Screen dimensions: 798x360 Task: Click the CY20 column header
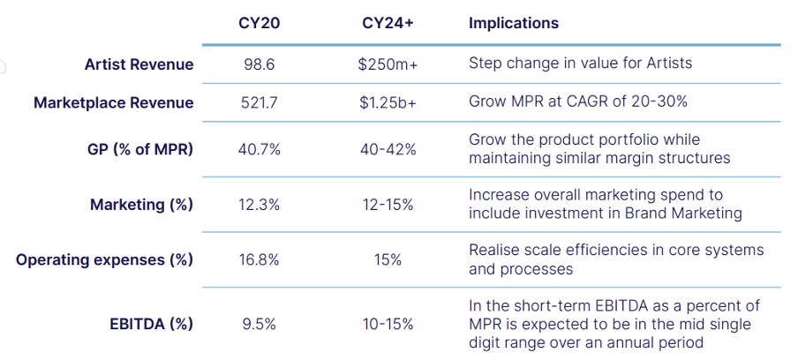pyautogui.click(x=259, y=24)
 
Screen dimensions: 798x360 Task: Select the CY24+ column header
pyautogui.click(x=388, y=24)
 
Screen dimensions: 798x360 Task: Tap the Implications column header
pyautogui.click(x=514, y=24)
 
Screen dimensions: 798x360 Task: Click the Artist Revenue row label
pyautogui.click(x=139, y=64)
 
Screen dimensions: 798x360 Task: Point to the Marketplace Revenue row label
pyautogui.click(x=114, y=102)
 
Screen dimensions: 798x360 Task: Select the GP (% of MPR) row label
pyautogui.click(x=140, y=149)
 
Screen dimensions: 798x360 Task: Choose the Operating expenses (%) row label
pyautogui.click(x=104, y=259)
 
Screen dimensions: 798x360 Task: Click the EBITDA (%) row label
pyautogui.click(x=151, y=324)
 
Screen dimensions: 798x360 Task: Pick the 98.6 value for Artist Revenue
pyautogui.click(x=259, y=64)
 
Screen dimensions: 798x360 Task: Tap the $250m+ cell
pyautogui.click(x=388, y=64)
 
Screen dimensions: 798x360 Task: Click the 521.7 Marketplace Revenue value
pyautogui.click(x=259, y=102)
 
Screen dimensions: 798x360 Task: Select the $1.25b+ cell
pyautogui.click(x=388, y=102)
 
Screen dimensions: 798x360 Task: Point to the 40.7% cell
pyautogui.click(x=259, y=149)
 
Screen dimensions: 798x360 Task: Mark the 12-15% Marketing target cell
pyautogui.click(x=388, y=205)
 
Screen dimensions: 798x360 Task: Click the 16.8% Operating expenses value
pyautogui.click(x=259, y=259)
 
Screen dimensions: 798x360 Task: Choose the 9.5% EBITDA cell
pyautogui.click(x=259, y=324)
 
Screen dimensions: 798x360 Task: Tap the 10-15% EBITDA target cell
pyautogui.click(x=388, y=324)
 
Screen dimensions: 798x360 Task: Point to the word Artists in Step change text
pyautogui.click(x=669, y=63)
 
